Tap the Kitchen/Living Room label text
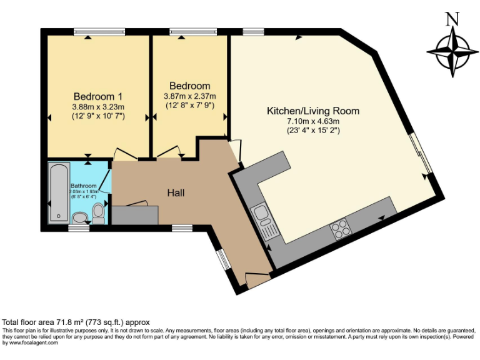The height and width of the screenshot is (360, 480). click(x=313, y=111)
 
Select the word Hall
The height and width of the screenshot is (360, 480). click(x=176, y=193)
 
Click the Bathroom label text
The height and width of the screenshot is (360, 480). click(x=83, y=186)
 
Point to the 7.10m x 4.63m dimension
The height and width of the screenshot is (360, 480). click(x=312, y=121)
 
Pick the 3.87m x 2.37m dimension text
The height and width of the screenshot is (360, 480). click(x=189, y=96)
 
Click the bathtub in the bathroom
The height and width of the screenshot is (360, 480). click(x=59, y=192)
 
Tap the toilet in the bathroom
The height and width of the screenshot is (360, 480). click(x=98, y=212)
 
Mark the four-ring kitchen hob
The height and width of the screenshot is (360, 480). click(x=341, y=229)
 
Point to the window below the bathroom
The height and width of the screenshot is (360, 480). click(x=78, y=228)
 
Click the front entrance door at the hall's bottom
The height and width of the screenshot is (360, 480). click(x=257, y=279)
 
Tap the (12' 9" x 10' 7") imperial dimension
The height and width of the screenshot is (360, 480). click(x=97, y=116)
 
